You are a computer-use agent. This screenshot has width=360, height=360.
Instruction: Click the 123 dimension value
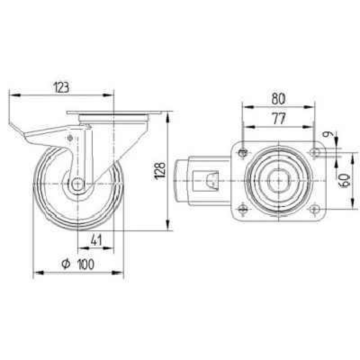click(61, 87)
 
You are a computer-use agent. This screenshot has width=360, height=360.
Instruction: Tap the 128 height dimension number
click(160, 171)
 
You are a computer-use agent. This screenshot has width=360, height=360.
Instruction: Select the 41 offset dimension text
click(96, 240)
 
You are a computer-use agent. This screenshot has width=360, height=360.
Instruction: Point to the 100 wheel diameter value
click(86, 264)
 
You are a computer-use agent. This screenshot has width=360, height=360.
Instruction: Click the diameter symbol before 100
click(66, 264)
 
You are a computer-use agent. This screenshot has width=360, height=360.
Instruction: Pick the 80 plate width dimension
click(278, 99)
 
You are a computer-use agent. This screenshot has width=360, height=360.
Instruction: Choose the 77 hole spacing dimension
click(279, 118)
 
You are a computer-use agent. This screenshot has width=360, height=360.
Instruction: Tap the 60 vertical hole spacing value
click(345, 180)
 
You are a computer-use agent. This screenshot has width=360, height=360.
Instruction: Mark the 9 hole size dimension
click(326, 134)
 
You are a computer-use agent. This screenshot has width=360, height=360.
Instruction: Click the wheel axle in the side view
click(78, 184)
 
